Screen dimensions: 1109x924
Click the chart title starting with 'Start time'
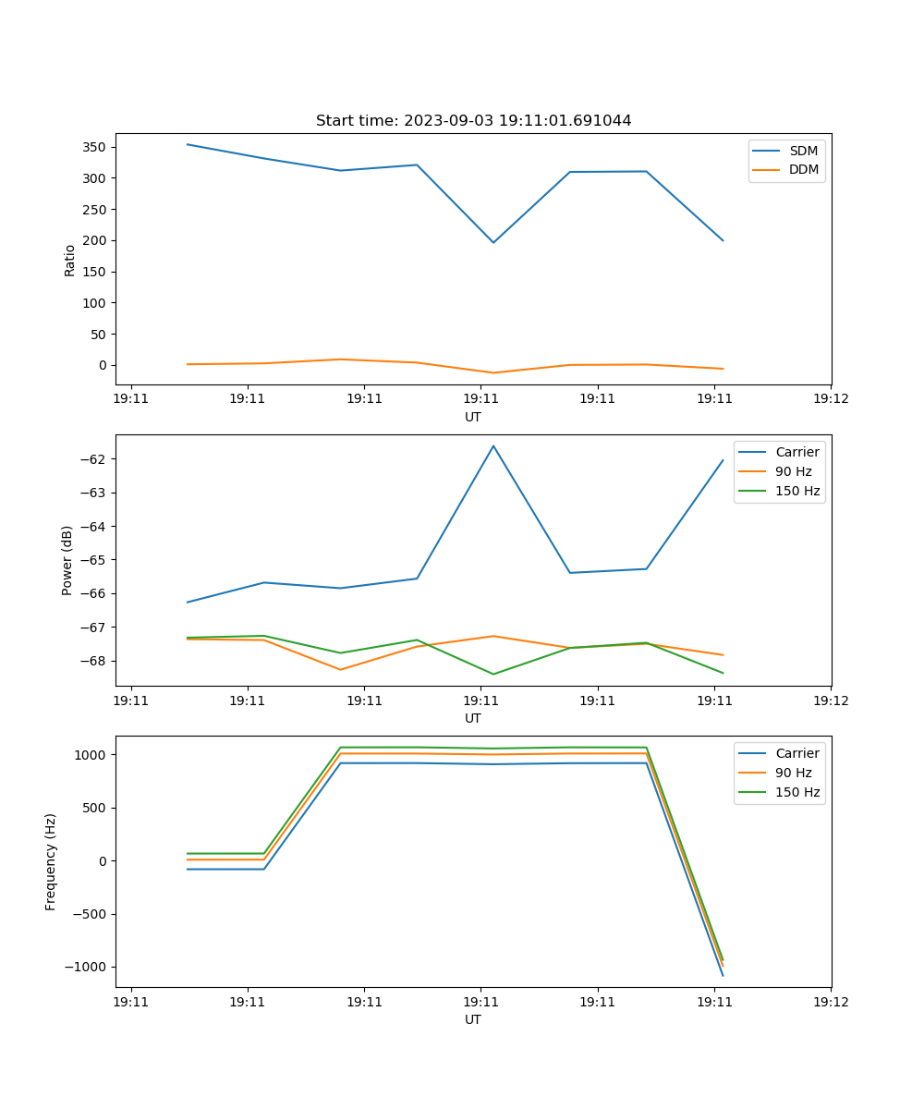473,121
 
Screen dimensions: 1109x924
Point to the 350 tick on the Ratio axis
95,147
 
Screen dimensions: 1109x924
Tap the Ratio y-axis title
69,260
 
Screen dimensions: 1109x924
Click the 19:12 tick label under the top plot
831,399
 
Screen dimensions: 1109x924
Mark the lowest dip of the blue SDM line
493,243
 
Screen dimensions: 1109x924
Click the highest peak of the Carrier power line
493,445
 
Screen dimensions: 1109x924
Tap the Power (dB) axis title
67,561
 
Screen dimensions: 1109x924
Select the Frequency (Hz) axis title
51,861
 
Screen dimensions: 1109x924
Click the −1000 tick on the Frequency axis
89,968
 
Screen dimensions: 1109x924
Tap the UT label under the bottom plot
473,1019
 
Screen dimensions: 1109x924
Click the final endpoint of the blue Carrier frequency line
723,976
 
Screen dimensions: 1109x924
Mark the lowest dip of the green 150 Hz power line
493,674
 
